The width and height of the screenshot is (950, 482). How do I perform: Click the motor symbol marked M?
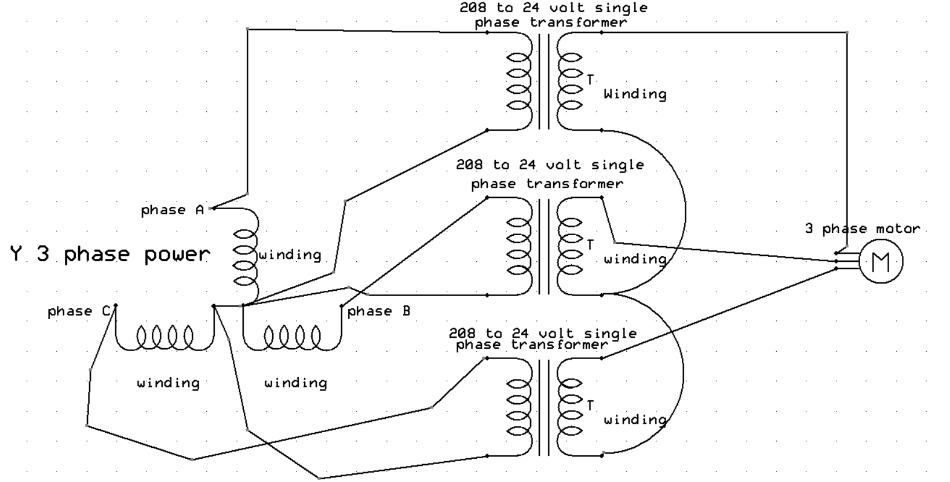[880, 262]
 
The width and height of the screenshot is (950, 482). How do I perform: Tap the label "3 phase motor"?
[862, 229]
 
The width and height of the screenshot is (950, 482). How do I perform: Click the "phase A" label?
[172, 210]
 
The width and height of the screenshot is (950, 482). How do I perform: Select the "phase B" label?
[379, 312]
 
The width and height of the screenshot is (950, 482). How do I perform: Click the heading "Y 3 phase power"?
[109, 254]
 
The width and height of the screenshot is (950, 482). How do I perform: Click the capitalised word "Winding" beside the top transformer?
[635, 94]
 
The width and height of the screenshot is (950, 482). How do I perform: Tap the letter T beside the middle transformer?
[590, 245]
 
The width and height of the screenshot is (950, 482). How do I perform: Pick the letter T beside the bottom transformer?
[590, 406]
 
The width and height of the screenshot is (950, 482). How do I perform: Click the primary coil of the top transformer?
[520, 82]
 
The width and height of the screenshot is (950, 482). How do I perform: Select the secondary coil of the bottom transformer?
[570, 407]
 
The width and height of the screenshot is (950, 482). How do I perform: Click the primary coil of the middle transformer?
[520, 247]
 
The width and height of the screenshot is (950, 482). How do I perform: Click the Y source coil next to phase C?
[165, 335]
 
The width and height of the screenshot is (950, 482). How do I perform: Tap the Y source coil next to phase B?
[292, 335]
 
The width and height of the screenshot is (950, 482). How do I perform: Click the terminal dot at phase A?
[213, 208]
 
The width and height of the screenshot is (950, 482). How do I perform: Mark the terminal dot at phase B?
[342, 305]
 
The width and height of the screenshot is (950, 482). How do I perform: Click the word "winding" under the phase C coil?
[168, 383]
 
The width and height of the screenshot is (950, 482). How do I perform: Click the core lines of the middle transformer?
[545, 247]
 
